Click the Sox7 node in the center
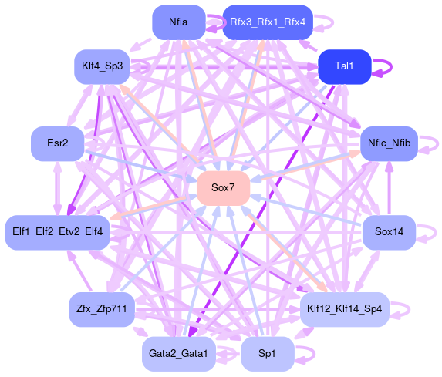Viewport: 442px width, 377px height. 223,188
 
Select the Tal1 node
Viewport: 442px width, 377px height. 345,67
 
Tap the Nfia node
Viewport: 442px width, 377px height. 179,22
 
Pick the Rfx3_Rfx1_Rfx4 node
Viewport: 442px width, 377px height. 268,22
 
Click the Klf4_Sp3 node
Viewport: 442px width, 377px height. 102,67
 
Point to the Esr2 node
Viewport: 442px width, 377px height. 58,143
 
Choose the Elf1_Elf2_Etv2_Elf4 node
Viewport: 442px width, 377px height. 58,233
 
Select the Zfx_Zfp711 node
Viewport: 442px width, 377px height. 102,309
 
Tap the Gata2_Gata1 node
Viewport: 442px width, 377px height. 179,354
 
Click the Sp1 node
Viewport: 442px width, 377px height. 268,354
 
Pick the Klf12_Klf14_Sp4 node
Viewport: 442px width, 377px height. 345,309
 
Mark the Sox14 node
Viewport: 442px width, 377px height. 389,233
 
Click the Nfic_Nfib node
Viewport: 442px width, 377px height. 389,143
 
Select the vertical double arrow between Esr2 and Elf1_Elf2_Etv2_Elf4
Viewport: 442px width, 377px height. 58,188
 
